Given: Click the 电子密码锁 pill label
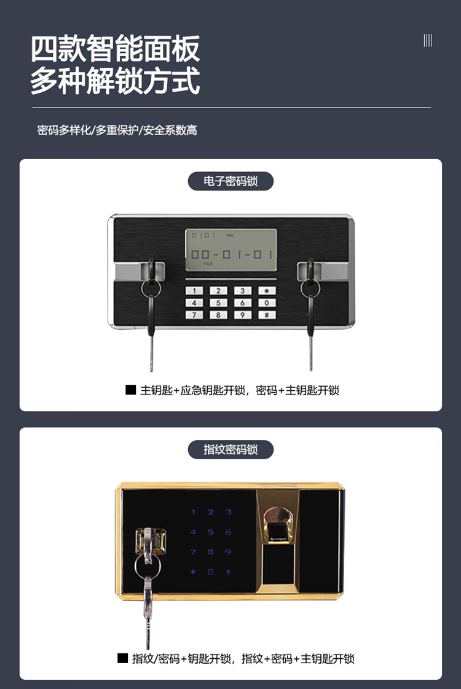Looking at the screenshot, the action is pos(230,181).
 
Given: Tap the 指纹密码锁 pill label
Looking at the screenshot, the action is pos(230,449).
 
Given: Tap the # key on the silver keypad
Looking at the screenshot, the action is pos(267,315).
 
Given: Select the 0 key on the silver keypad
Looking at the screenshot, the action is pos(267,303).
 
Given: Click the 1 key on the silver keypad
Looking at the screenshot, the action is pos(194,291).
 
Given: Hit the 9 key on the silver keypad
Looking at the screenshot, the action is pos(243,315).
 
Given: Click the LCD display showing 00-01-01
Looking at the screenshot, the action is pos(231,250).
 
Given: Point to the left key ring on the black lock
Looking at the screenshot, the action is pos(151,289).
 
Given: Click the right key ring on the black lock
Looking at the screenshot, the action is pos(310,289).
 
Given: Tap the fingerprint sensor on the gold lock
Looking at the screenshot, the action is pos(278,527).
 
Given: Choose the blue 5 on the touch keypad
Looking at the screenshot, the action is pos(210,532).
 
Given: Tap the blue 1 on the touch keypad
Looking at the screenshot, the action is pos(194,513).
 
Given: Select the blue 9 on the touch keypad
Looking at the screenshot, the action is pos(228,552).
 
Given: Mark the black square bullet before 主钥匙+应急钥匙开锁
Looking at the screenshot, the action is pos(130,390).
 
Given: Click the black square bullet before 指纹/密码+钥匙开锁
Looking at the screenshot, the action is pos(122,658).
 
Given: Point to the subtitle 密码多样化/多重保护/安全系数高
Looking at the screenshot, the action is pos(117,130).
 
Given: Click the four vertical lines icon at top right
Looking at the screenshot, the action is pos(428,41).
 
